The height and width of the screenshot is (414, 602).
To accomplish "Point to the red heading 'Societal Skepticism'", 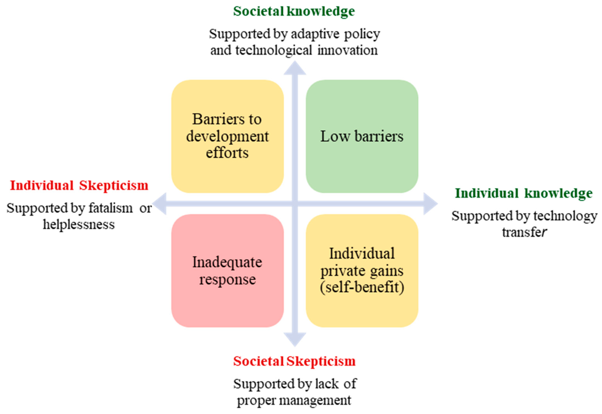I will coord(294,361).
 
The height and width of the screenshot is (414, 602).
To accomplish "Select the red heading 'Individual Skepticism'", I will coord(79,186).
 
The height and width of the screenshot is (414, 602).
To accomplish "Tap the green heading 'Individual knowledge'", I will coord(524,193).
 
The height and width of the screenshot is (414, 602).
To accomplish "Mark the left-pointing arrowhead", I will coord(159,204).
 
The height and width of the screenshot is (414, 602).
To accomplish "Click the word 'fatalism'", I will coord(111,208).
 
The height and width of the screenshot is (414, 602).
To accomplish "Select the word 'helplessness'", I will coord(79,224).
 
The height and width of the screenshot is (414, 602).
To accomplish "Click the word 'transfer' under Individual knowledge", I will coord(524,232).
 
